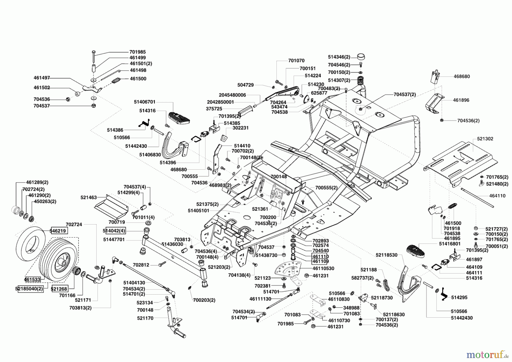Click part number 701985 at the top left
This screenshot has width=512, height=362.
point(137,52)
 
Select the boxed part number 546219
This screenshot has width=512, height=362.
point(59,231)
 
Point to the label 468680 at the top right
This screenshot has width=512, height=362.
point(462,77)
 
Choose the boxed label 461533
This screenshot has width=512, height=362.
point(32,279)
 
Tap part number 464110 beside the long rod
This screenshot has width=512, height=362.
point(497,196)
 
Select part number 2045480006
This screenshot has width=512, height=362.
point(232,95)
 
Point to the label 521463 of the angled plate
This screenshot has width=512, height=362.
point(88,197)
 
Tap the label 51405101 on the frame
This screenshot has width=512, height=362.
point(198,211)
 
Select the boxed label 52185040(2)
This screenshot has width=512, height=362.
point(29,289)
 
